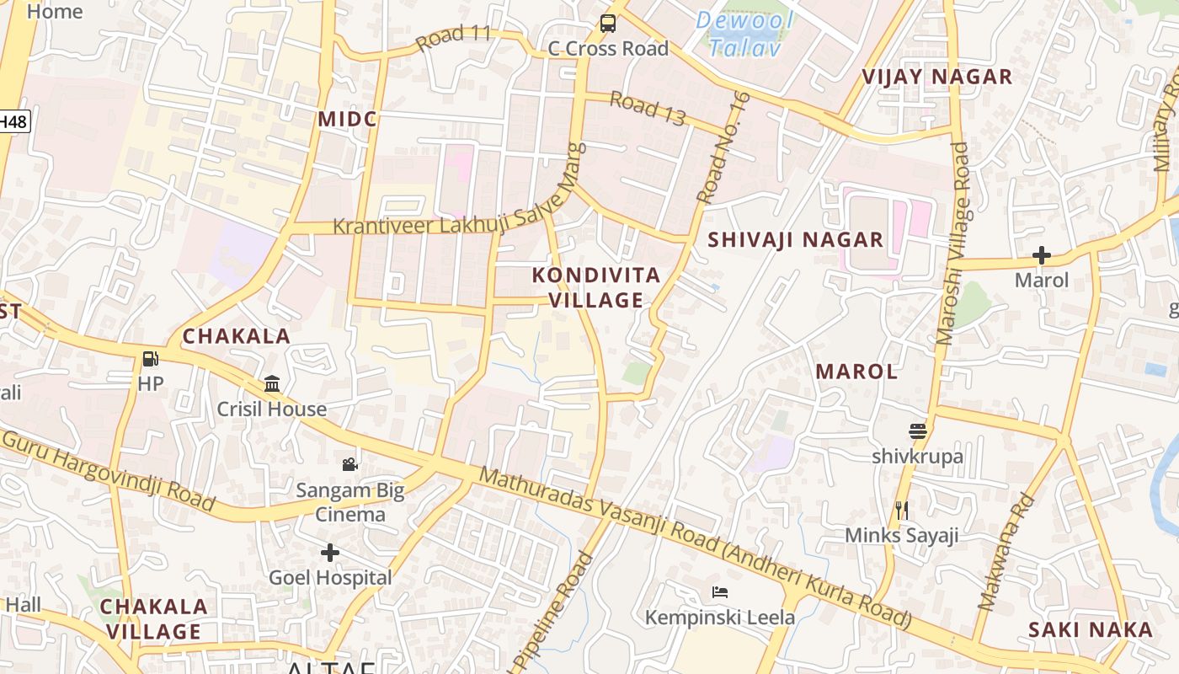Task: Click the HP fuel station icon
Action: click(x=150, y=359)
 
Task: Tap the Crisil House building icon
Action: click(x=272, y=384)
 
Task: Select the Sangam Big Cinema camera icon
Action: click(x=349, y=464)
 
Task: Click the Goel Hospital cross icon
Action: click(x=330, y=553)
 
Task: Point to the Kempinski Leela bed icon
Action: click(x=719, y=592)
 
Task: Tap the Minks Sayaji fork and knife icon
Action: click(x=901, y=510)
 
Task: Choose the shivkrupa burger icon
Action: click(x=918, y=431)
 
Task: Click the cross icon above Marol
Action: click(x=1042, y=254)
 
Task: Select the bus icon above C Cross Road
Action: click(x=607, y=24)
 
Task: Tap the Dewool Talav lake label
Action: click(x=740, y=33)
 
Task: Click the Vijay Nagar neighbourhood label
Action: click(x=936, y=78)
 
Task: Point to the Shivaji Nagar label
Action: click(x=795, y=240)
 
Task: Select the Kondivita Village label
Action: click(x=596, y=287)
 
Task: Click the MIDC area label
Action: click(x=347, y=120)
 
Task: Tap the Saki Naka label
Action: click(x=1091, y=629)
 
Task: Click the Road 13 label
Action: click(x=648, y=108)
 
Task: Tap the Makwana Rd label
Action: click(x=1006, y=551)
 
